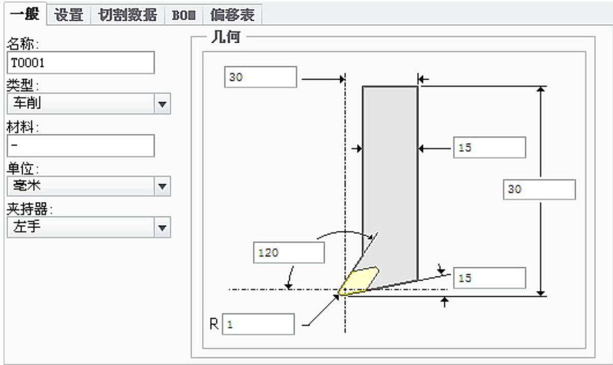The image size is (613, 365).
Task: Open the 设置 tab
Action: (x=69, y=15)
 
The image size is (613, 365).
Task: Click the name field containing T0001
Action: (x=81, y=63)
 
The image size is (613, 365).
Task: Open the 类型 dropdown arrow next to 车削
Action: (x=162, y=104)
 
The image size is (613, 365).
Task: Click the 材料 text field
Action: (x=81, y=145)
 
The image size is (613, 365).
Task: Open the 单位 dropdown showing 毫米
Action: (x=162, y=186)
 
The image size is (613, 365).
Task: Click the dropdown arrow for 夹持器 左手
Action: (x=162, y=227)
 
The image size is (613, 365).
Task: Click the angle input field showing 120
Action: (x=289, y=252)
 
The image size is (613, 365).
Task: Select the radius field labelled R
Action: (x=258, y=324)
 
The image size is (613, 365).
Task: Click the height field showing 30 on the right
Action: (x=539, y=190)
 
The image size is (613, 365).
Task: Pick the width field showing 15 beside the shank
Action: (x=489, y=148)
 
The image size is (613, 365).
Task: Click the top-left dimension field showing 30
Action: (x=261, y=78)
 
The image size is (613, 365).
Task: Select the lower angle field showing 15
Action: (x=489, y=278)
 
